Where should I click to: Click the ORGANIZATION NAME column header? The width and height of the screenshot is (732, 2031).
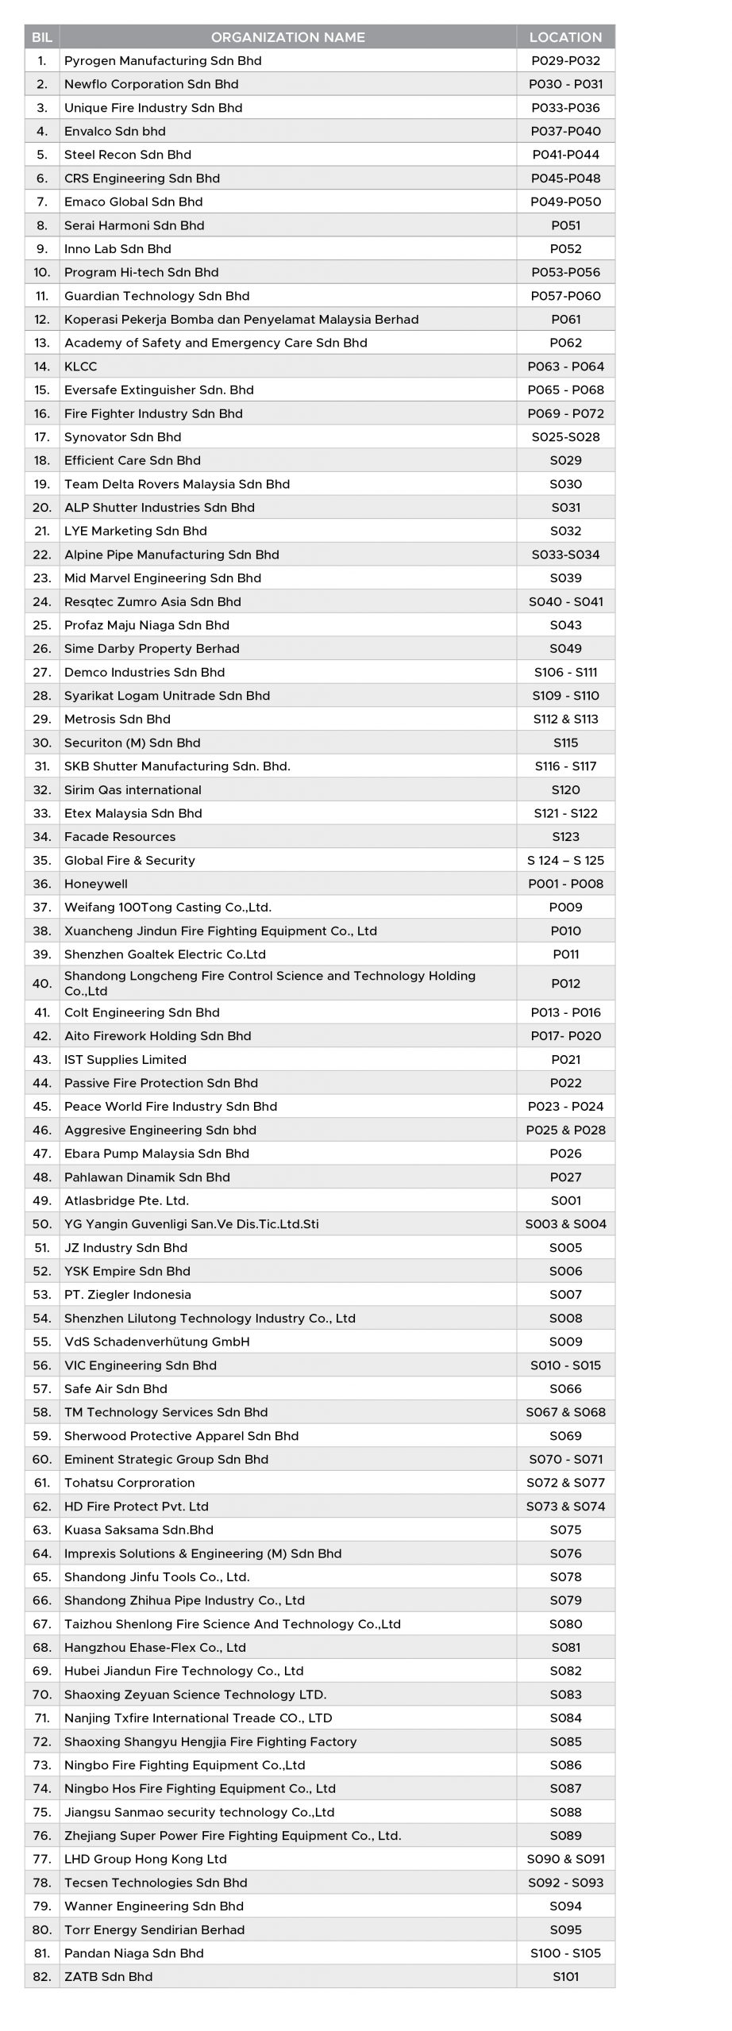(x=287, y=37)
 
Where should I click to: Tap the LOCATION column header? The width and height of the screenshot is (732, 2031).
(x=565, y=37)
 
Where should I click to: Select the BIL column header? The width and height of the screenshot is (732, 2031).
(x=42, y=37)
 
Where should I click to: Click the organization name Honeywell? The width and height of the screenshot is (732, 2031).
(x=96, y=884)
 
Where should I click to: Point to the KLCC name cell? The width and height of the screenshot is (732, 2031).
(x=81, y=367)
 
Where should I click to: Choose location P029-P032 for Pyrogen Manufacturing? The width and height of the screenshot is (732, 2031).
(x=565, y=61)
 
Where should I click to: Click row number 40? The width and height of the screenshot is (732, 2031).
(x=42, y=984)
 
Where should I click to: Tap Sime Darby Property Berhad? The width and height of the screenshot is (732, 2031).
(x=152, y=649)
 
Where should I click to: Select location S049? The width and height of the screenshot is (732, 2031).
(x=565, y=649)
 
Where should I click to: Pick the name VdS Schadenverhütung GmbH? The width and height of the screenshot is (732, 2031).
(x=157, y=1342)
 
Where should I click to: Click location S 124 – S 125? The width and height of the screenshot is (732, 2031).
(x=565, y=861)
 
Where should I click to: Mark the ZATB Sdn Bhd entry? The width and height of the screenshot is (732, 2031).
(x=109, y=1976)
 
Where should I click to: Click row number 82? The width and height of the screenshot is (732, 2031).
(x=42, y=1976)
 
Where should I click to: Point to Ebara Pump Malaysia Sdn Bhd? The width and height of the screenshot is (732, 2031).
(x=156, y=1154)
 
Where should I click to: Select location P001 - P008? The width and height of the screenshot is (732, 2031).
(x=565, y=884)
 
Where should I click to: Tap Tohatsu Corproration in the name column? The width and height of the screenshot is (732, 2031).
(x=129, y=1483)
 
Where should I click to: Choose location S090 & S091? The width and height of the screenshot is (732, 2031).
(x=565, y=1859)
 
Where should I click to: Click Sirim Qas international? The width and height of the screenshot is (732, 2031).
(x=133, y=790)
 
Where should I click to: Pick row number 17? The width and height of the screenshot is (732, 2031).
(x=42, y=437)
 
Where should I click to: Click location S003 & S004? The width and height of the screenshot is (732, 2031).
(x=565, y=1224)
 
